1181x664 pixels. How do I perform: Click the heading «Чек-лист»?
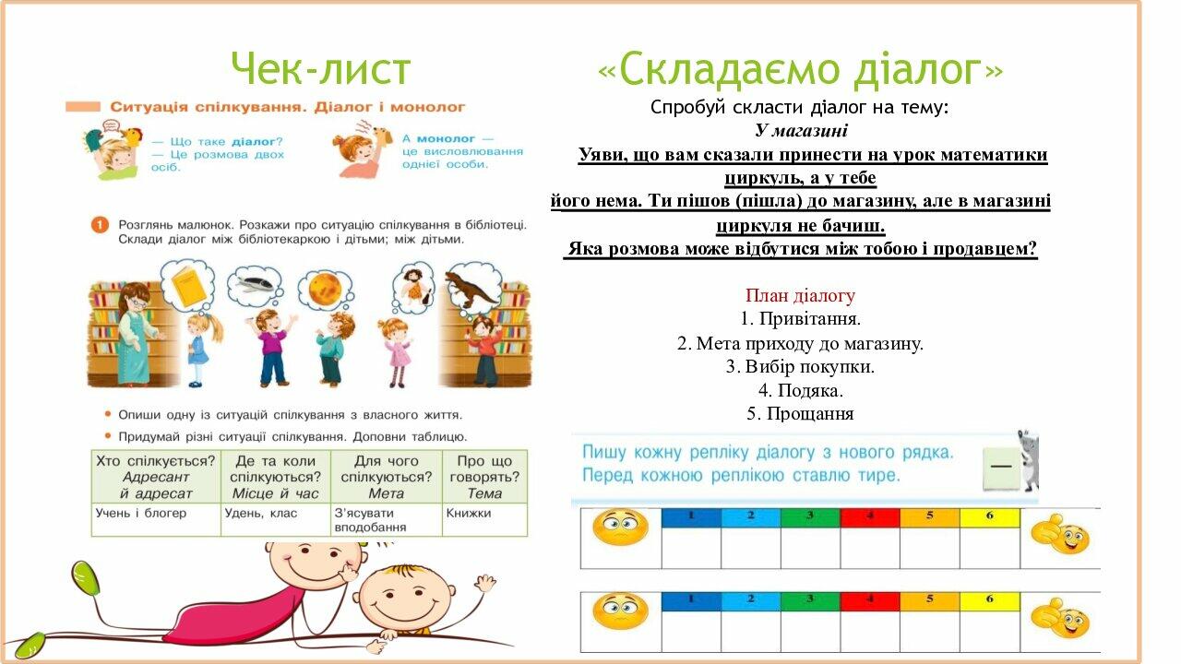pyautogui.click(x=320, y=68)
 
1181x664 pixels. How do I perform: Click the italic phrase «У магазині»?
pyautogui.click(x=800, y=131)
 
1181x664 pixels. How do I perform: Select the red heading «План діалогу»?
pyautogui.click(x=800, y=296)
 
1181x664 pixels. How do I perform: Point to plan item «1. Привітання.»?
pyautogui.click(x=800, y=319)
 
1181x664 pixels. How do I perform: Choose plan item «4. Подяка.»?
pyautogui.click(x=800, y=390)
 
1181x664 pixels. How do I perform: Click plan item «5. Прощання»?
pyautogui.click(x=800, y=414)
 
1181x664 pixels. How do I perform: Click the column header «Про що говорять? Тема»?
pyautogui.click(x=483, y=476)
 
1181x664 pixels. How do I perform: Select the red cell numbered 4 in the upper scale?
pyautogui.click(x=869, y=517)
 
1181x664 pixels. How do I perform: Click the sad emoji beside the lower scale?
pyautogui.click(x=620, y=611)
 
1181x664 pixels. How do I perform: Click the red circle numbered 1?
pyautogui.click(x=100, y=224)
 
